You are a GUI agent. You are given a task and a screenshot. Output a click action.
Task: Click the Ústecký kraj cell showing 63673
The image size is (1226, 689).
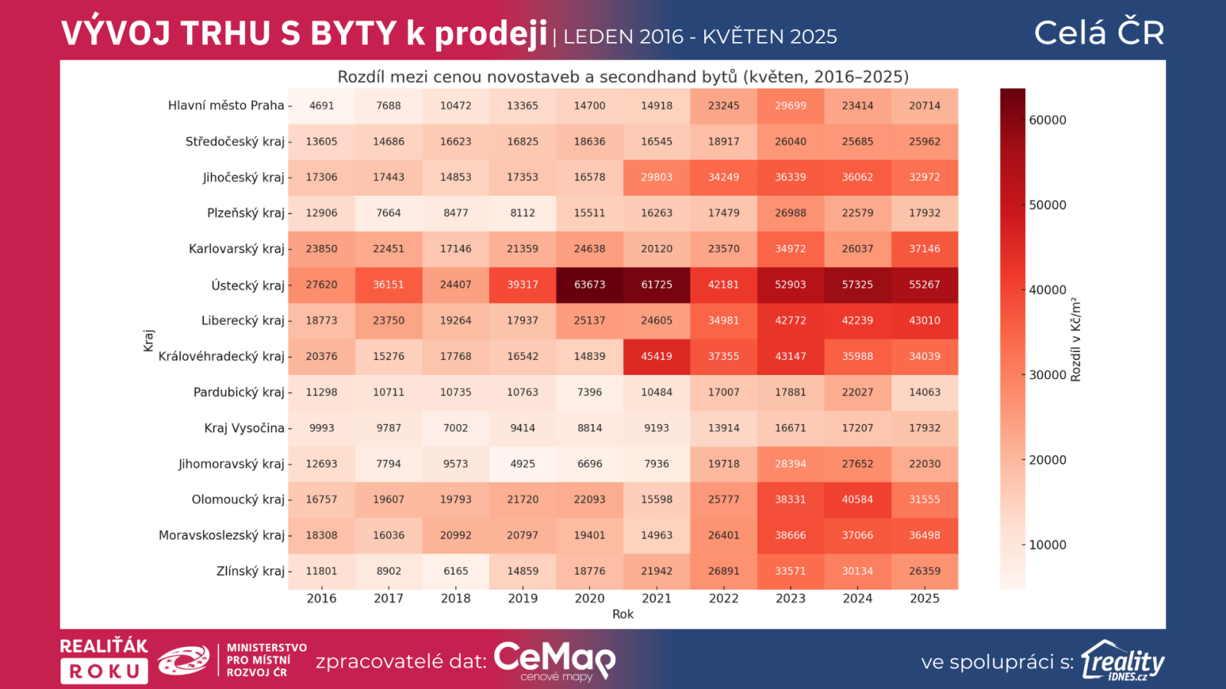[589, 285]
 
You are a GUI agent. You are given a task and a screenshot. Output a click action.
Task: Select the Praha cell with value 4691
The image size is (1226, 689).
[322, 106]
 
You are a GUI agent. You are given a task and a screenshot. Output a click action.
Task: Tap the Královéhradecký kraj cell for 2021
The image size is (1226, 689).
[657, 357]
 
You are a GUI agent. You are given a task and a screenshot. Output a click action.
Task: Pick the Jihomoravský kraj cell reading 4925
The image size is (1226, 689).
[523, 464]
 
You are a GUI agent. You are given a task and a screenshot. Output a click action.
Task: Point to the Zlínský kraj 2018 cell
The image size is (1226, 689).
[455, 571]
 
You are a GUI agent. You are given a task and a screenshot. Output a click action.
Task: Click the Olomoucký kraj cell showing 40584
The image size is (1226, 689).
[857, 500]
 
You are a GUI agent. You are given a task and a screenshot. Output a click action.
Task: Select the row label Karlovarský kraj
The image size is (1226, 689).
[236, 249]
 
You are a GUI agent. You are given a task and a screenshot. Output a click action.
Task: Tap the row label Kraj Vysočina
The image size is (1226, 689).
[244, 428]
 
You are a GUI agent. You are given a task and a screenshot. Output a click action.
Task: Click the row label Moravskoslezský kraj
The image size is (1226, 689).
[221, 535]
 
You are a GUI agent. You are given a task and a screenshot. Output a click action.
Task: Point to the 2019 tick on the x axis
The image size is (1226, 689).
[523, 599]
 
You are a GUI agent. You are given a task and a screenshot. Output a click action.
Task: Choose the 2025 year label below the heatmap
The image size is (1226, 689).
[924, 599]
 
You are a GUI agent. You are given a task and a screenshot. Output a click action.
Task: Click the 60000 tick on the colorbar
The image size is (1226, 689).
[1047, 120]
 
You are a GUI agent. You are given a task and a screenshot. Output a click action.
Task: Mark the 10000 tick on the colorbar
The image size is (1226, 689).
[1047, 545]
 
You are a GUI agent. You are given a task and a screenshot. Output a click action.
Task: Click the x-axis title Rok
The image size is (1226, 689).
[623, 614]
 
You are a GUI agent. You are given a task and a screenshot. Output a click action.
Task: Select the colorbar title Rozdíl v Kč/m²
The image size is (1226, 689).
[1076, 339]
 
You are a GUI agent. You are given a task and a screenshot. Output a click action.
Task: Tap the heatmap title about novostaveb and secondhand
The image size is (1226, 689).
[623, 77]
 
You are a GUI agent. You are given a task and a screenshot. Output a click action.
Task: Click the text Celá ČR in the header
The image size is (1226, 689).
[1099, 33]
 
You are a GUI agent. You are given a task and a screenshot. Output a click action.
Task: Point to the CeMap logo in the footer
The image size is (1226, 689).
[554, 660]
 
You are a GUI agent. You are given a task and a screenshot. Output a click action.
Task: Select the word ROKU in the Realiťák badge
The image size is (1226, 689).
[104, 671]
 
